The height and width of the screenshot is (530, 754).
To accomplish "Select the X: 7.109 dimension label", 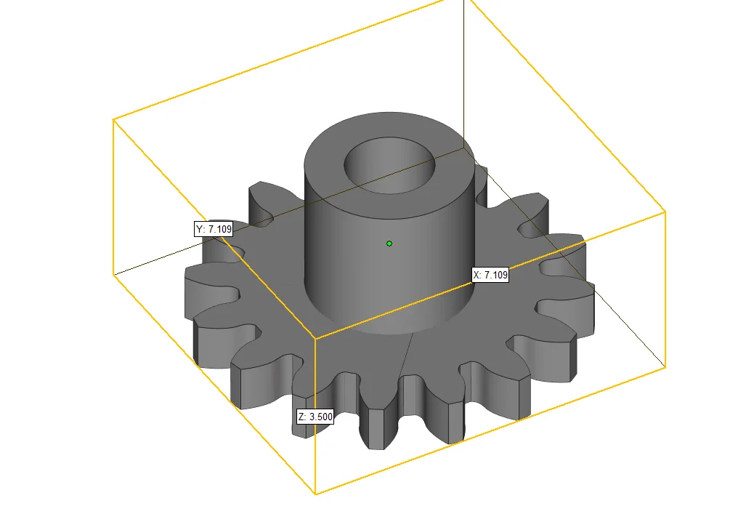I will [x=490, y=275].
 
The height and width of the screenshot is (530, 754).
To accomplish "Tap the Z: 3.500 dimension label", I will [x=315, y=417].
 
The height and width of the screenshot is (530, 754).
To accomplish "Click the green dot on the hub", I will [x=389, y=243].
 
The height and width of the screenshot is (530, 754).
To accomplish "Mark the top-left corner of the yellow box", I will [x=113, y=119].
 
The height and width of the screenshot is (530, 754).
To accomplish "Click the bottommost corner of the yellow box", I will [x=315, y=494].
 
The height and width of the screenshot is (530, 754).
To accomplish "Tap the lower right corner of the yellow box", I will [x=665, y=368].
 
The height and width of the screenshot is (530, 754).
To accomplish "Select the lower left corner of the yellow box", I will [x=113, y=274].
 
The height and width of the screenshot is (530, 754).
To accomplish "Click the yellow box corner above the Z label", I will [x=315, y=339].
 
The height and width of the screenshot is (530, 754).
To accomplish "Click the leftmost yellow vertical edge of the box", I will [x=113, y=196].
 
